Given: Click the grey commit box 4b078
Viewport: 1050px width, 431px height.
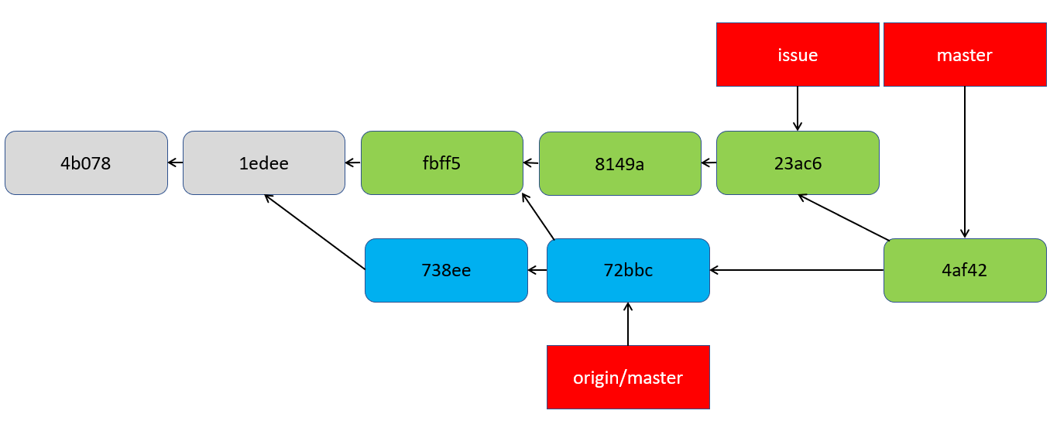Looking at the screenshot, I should (x=86, y=162).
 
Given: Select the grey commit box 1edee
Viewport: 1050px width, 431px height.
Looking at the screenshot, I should (x=264, y=162).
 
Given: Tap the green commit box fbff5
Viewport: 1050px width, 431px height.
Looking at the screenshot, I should (x=442, y=162).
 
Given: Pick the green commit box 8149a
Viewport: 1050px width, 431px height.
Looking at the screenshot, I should (x=619, y=163).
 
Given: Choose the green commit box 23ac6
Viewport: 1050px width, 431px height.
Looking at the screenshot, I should (x=798, y=162).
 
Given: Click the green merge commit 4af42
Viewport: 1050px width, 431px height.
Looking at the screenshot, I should (x=965, y=270).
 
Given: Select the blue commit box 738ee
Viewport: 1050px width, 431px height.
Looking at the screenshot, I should (x=446, y=270).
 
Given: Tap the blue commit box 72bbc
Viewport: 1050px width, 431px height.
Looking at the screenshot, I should (x=628, y=270).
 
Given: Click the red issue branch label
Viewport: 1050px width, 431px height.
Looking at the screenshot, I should (x=798, y=55).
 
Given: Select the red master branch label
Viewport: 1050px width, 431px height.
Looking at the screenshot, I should (x=964, y=55).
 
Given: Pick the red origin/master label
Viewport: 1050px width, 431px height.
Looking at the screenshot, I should (x=628, y=378).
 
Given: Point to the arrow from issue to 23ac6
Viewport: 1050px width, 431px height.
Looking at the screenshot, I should (x=798, y=108).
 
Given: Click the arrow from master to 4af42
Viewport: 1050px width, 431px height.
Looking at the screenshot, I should (x=965, y=162).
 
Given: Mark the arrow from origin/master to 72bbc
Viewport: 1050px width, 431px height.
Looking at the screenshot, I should (x=628, y=323).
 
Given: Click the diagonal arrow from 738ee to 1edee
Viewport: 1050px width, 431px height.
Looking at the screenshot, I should (x=314, y=231).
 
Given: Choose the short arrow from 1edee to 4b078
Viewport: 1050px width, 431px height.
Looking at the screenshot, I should (x=175, y=162).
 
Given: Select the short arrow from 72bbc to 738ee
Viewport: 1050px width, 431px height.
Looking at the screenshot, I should (x=537, y=270).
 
